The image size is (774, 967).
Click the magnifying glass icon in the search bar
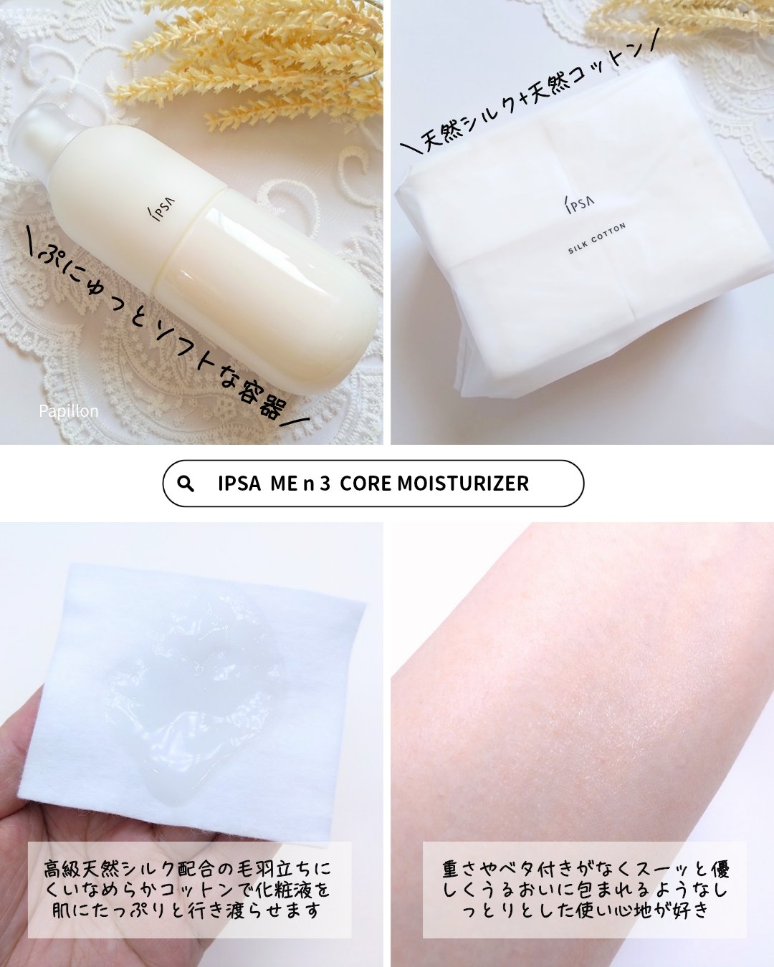pyautogui.click(x=186, y=483)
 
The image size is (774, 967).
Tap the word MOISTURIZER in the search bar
pyautogui.click(x=463, y=483)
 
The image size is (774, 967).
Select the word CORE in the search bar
pyautogui.click(x=365, y=483)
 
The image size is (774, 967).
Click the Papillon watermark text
pyautogui.click(x=68, y=411)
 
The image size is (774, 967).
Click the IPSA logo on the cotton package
pyautogui.click(x=578, y=203)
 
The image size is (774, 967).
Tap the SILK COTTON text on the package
pyautogui.click(x=597, y=238)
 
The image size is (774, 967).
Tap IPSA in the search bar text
pyautogui.click(x=239, y=483)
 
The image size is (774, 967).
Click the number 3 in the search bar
pyautogui.click(x=325, y=483)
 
